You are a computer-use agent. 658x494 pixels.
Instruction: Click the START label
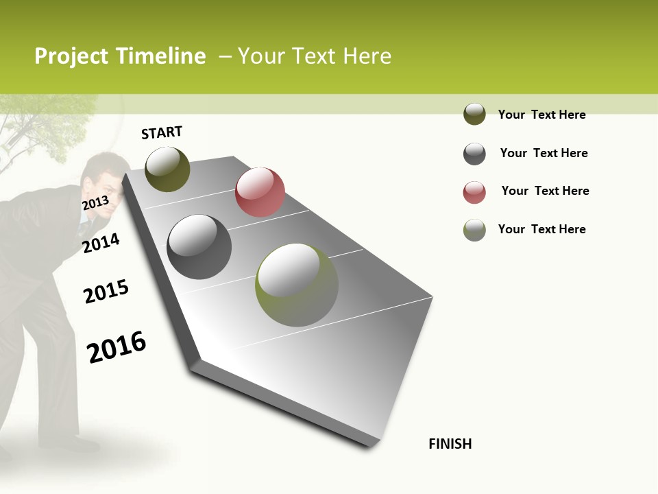click(x=162, y=132)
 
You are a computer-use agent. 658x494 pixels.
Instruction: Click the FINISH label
click(x=450, y=444)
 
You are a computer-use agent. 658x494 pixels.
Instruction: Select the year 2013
click(x=95, y=203)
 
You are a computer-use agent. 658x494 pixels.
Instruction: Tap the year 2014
click(x=101, y=243)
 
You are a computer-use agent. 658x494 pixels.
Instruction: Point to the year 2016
click(x=117, y=346)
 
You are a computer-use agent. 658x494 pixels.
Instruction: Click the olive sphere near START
click(x=167, y=169)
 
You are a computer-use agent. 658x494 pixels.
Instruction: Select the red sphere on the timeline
click(x=260, y=191)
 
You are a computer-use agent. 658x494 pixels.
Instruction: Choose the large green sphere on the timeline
click(x=297, y=285)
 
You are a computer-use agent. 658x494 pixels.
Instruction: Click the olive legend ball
click(x=474, y=114)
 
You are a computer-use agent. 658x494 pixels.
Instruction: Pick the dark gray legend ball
click(x=474, y=153)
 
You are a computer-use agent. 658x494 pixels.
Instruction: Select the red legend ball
click(x=474, y=191)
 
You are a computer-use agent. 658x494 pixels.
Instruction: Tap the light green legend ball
click(x=474, y=229)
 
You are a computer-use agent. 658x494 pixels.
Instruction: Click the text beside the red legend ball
click(x=545, y=191)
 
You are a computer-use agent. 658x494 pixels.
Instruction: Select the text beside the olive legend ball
click(x=541, y=115)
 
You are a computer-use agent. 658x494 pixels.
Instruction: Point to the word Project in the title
click(x=72, y=56)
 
